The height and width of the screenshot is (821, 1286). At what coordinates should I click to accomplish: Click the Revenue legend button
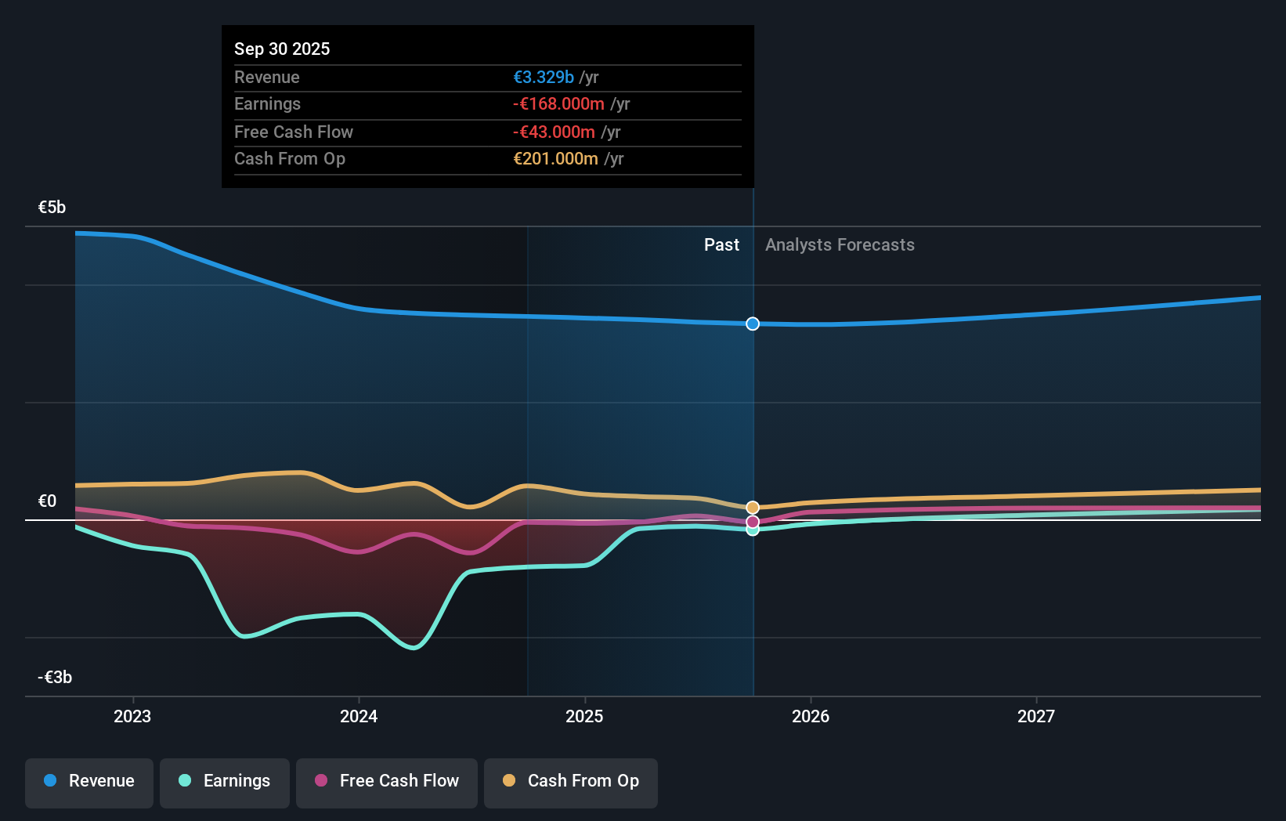(89, 782)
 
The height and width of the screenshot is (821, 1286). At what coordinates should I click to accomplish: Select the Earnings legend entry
(225, 782)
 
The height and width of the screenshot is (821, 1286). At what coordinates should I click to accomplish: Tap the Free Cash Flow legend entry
(387, 782)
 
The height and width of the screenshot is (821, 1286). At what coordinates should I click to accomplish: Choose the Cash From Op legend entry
(571, 782)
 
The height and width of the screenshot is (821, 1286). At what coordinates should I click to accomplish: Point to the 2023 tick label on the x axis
(132, 716)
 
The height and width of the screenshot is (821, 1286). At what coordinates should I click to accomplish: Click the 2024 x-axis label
(359, 716)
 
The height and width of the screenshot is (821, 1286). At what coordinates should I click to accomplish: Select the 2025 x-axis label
(584, 716)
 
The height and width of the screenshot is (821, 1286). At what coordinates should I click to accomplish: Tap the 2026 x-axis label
(811, 716)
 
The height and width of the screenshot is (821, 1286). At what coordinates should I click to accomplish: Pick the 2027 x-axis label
(1036, 716)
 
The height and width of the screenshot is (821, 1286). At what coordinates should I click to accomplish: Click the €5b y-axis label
(52, 208)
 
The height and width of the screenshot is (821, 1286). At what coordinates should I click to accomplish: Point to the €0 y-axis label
(48, 501)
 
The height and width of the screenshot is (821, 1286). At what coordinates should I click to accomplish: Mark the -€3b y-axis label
(55, 678)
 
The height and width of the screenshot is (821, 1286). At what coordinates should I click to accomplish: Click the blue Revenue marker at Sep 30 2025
(753, 324)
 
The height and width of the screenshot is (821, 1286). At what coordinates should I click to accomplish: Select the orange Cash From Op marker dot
(753, 508)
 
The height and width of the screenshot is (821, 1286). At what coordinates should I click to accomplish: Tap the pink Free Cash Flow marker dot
(753, 522)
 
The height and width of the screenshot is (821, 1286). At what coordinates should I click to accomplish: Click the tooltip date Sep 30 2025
(282, 49)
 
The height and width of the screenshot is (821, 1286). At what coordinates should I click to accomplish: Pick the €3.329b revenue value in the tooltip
(544, 77)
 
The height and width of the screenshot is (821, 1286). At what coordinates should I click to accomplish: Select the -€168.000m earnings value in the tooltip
(558, 104)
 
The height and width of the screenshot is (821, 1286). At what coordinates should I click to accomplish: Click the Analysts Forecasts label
(840, 245)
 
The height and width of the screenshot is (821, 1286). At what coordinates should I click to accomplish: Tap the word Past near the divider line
(721, 245)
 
